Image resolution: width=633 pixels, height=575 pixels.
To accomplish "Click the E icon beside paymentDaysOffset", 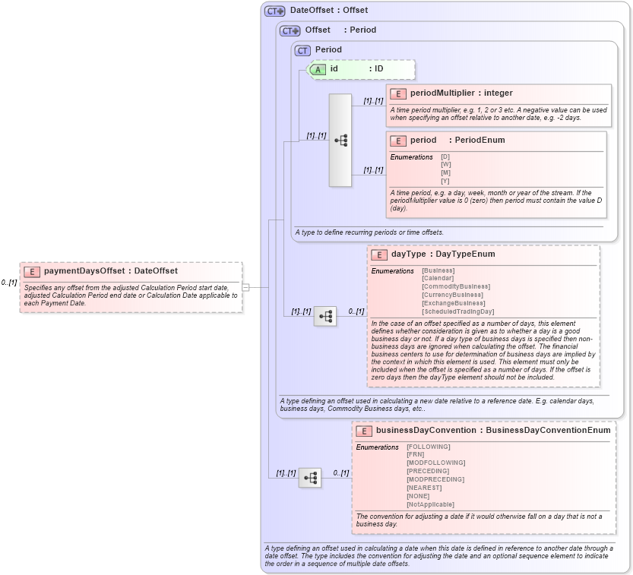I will (x=32, y=271).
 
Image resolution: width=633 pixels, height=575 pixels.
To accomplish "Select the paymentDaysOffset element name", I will (x=84, y=271).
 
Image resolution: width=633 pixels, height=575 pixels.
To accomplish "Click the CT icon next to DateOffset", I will (x=274, y=11).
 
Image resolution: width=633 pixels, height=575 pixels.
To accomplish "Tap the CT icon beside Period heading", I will (x=303, y=50).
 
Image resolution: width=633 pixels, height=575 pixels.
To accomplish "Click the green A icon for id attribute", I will (x=318, y=69).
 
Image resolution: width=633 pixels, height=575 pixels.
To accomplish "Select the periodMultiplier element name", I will (x=442, y=93).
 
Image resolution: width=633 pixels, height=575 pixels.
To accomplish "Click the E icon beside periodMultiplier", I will (x=397, y=93).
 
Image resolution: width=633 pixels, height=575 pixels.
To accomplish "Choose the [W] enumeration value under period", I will (x=445, y=164).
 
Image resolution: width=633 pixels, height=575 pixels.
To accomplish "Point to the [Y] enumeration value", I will (x=445, y=180).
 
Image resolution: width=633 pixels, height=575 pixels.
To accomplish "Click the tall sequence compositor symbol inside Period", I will (x=340, y=141).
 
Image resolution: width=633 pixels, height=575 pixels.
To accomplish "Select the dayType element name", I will (x=408, y=254).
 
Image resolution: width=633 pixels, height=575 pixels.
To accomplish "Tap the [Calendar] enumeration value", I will (x=438, y=278).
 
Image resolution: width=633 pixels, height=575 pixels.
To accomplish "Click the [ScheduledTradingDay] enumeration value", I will (x=457, y=311).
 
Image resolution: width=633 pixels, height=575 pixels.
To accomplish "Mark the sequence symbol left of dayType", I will (x=325, y=316).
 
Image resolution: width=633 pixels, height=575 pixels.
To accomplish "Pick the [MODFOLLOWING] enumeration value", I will (x=435, y=463).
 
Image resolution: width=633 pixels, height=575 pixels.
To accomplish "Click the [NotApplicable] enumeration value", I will (x=430, y=504).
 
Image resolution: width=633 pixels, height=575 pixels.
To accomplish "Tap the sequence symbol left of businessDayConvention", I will (x=310, y=478).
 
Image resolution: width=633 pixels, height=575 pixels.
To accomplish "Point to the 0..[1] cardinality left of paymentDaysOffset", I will (x=9, y=283).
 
